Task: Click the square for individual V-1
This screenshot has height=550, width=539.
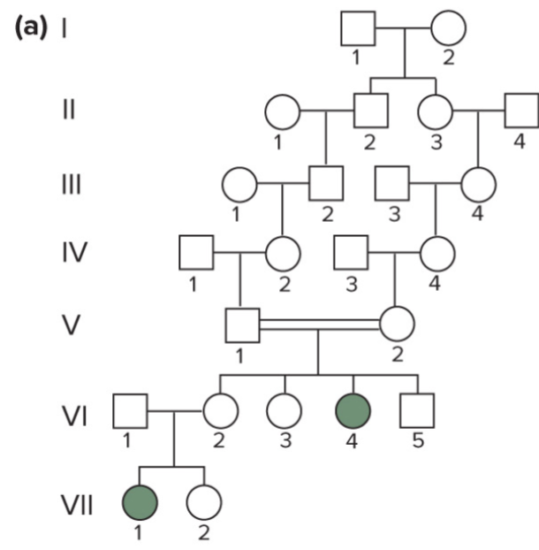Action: tap(241, 325)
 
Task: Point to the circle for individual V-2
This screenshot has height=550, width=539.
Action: tap(397, 325)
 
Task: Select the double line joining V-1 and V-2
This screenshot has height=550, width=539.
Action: tap(319, 325)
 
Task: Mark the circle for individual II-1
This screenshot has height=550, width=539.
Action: tap(282, 112)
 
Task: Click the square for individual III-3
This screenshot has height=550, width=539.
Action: tap(391, 183)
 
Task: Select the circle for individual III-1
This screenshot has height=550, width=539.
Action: tap(239, 184)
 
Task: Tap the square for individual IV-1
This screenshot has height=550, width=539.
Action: tap(196, 254)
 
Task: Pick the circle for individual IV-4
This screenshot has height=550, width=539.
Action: tap(437, 254)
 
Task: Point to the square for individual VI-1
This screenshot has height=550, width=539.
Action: tap(131, 410)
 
